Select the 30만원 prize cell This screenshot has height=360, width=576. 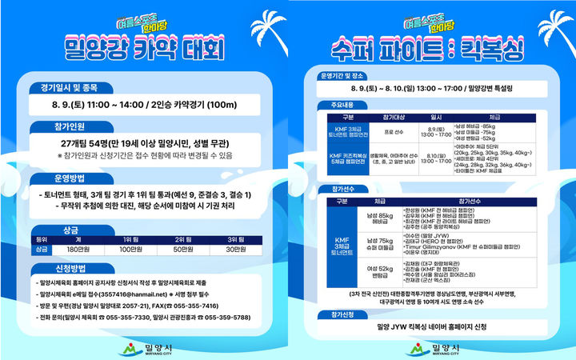(235, 250)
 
